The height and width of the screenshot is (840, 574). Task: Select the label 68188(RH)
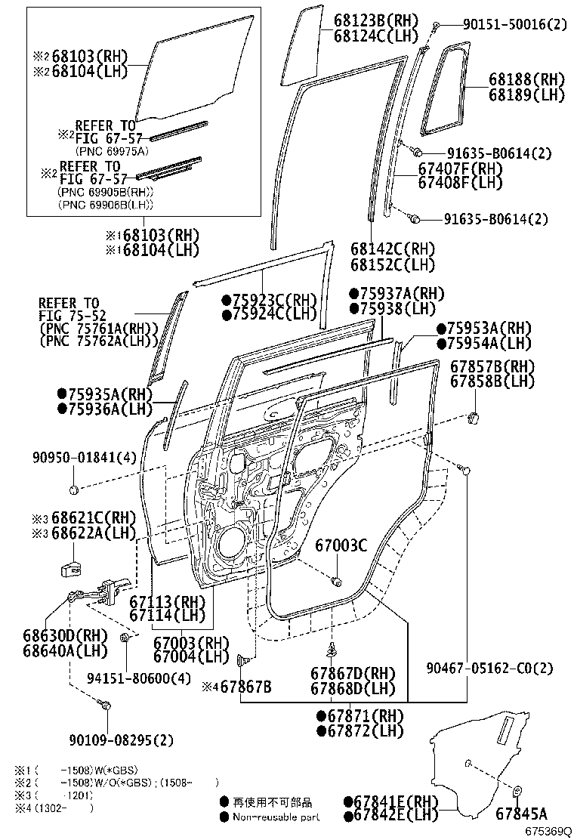tap(526, 80)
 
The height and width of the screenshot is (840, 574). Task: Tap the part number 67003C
tap(341, 544)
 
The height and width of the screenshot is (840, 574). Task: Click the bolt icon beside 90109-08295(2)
tap(106, 706)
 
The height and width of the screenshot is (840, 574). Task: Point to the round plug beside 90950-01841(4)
tap(74, 490)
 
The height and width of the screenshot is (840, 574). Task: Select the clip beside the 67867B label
tap(244, 661)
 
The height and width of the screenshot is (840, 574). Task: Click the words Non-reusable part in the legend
tap(275, 817)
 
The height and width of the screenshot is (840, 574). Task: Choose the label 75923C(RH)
tap(263, 299)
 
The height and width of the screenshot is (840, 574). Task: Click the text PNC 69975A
tap(110, 150)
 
